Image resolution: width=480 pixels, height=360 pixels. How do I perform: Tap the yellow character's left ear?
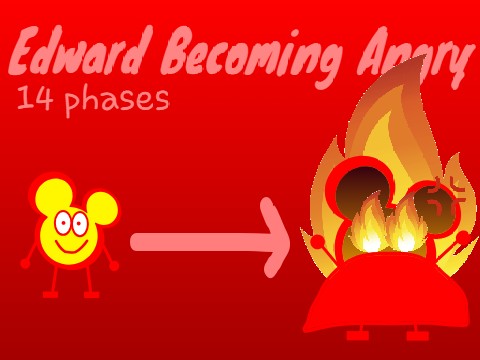(x=47, y=194)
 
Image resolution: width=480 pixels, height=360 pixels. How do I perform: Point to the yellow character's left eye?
(x=62, y=221)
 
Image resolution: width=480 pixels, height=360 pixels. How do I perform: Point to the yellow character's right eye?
(x=78, y=223)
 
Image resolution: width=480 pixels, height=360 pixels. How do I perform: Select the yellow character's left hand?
(x=25, y=262)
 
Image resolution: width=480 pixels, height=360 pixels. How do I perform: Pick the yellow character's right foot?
(x=91, y=295)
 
